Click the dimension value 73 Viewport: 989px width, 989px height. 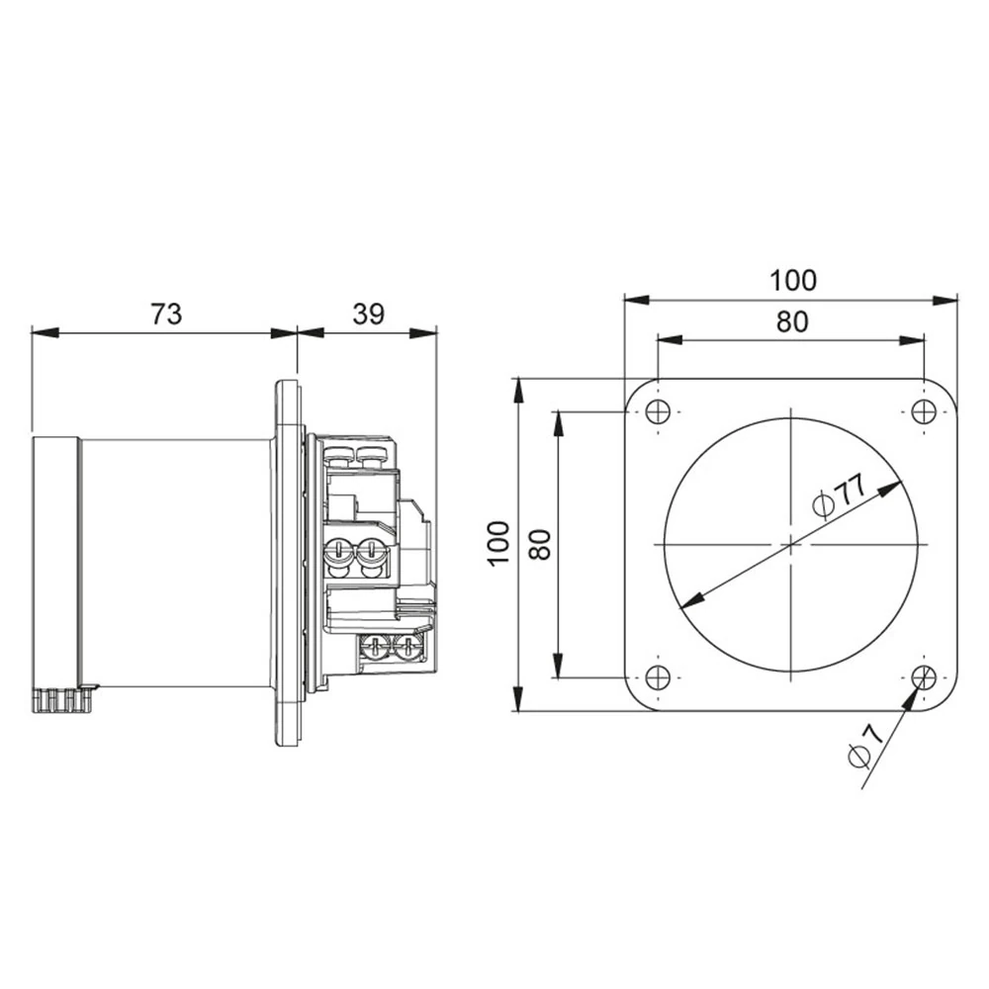click(x=166, y=314)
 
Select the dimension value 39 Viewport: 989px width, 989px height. click(x=368, y=314)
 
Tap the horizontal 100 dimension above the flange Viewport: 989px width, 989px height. click(x=793, y=280)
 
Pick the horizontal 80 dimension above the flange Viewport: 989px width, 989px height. click(x=792, y=321)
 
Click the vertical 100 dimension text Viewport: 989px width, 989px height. click(x=498, y=544)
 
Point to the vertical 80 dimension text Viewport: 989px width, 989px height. click(x=541, y=544)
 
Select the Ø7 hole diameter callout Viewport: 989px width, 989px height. click(x=864, y=748)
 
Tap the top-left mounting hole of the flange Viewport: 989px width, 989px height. click(x=658, y=412)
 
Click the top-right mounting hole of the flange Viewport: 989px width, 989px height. click(x=924, y=412)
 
